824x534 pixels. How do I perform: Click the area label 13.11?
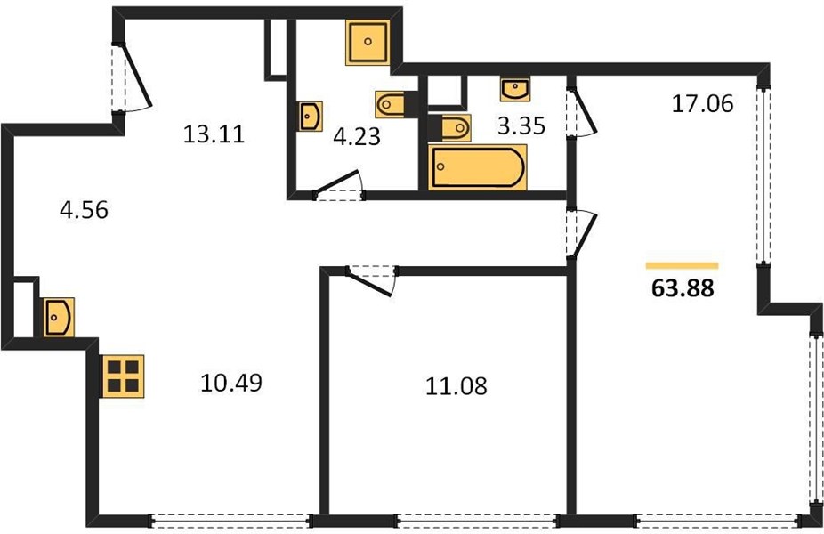click(x=214, y=134)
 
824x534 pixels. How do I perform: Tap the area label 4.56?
click(x=84, y=210)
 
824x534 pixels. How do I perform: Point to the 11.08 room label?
click(x=456, y=385)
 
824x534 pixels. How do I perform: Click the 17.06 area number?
click(x=703, y=103)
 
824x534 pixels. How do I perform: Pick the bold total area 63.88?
click(x=683, y=288)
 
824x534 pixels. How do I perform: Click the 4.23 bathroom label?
click(x=357, y=137)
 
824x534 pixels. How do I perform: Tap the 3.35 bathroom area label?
click(x=521, y=125)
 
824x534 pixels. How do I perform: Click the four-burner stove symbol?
click(x=123, y=376)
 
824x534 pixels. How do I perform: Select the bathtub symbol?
click(x=477, y=167)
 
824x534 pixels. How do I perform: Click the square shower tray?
click(x=368, y=42)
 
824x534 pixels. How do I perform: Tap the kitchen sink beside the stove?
click(x=59, y=318)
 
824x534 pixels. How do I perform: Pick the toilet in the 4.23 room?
click(x=390, y=104)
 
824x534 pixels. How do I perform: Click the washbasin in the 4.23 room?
click(x=310, y=117)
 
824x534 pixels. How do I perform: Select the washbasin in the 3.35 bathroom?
click(x=515, y=89)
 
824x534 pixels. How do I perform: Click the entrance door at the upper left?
click(x=132, y=77)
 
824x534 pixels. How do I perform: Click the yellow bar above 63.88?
click(x=683, y=266)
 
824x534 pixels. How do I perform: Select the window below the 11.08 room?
click(x=476, y=521)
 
